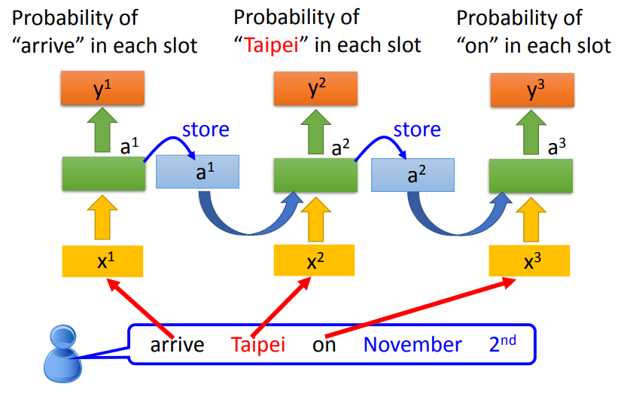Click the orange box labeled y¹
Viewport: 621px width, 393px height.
[x=103, y=90]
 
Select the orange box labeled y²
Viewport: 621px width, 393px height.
[x=315, y=90]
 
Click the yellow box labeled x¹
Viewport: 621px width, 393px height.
[x=103, y=260]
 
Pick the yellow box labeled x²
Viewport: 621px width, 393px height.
[x=315, y=260]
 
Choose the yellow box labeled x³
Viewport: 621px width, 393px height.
[x=530, y=260]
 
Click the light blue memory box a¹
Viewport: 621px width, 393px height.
[x=196, y=172]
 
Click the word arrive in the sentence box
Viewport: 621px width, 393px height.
[x=177, y=345]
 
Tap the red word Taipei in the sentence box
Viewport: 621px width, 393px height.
[x=257, y=345]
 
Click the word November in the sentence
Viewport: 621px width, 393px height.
[x=412, y=345]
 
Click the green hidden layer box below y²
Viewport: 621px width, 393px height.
[x=315, y=174]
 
